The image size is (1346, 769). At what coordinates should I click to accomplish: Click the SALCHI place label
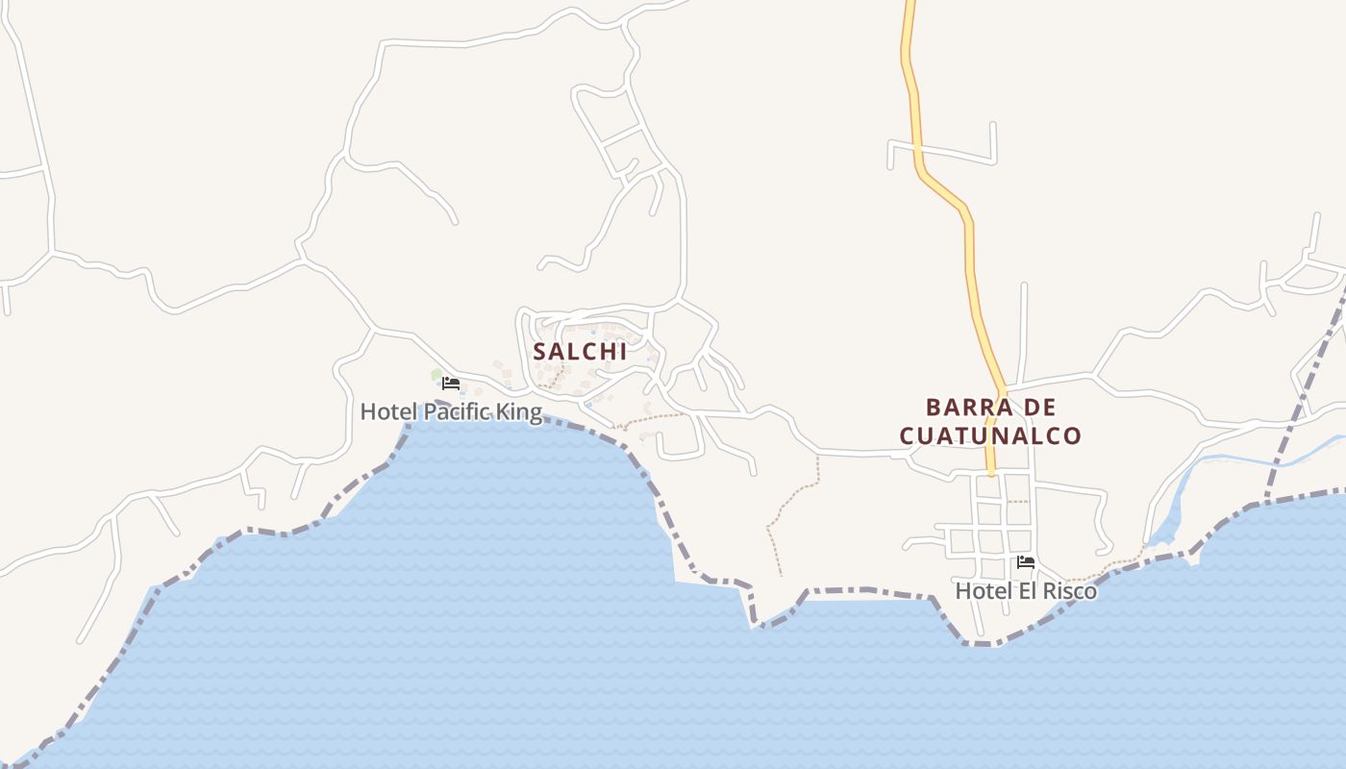[580, 352]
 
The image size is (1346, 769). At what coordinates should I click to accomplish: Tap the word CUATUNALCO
[990, 435]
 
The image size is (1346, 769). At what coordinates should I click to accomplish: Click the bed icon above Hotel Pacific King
[450, 383]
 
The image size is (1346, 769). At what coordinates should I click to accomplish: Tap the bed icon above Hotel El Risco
[1026, 562]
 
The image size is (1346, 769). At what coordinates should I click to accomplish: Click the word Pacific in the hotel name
[458, 412]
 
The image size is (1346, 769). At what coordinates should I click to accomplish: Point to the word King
[519, 412]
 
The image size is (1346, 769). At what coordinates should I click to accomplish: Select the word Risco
[1070, 591]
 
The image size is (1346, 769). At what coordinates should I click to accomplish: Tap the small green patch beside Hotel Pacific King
[436, 375]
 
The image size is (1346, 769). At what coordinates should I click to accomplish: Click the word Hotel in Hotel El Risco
[979, 591]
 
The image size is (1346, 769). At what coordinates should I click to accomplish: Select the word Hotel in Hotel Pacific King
[388, 412]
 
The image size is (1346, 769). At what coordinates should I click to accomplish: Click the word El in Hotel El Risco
[1022, 591]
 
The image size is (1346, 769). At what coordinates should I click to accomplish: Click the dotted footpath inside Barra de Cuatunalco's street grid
[1016, 501]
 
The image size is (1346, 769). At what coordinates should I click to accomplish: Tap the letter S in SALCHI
[539, 352]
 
